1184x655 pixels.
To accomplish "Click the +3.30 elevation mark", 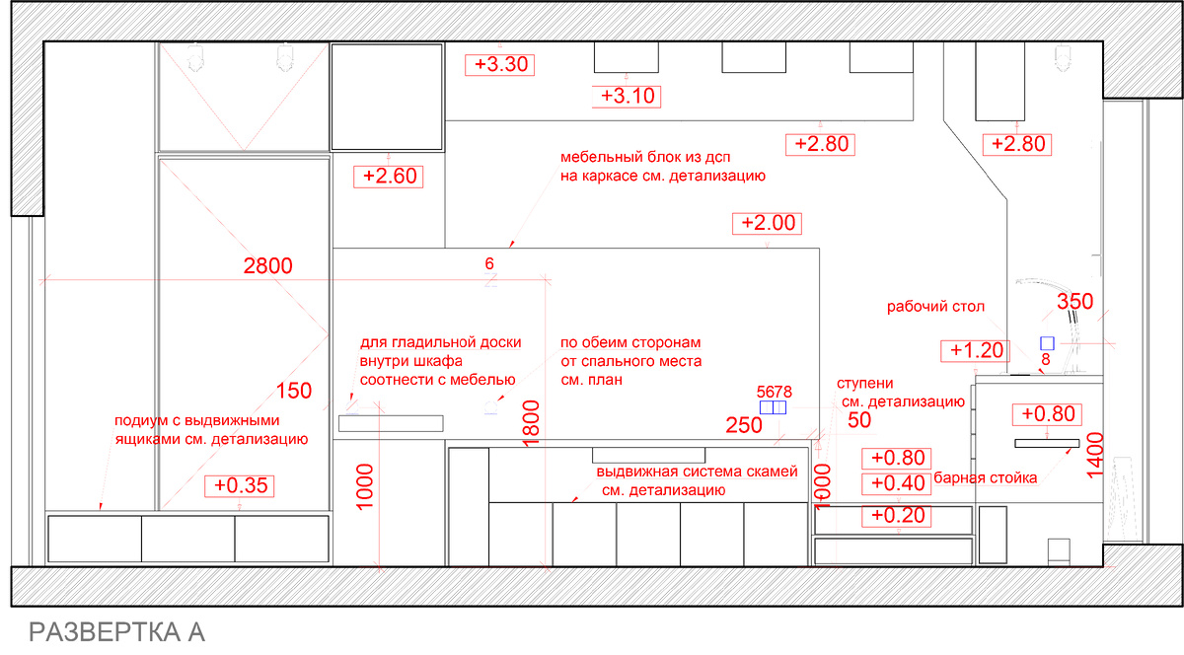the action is pyautogui.click(x=499, y=64).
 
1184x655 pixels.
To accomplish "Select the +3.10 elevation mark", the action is pyautogui.click(x=627, y=97).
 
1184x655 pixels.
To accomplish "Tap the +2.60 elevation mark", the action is pyautogui.click(x=389, y=177).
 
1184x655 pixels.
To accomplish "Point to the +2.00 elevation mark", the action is pyautogui.click(x=767, y=223).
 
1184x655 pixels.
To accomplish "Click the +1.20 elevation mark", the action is pyautogui.click(x=975, y=350).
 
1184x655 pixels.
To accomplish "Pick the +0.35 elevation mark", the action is pyautogui.click(x=240, y=486).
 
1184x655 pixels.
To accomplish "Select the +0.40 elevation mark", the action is pyautogui.click(x=897, y=483).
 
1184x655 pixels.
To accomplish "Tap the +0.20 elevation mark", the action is pyautogui.click(x=897, y=516).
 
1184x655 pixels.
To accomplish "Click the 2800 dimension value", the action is pyautogui.click(x=268, y=266).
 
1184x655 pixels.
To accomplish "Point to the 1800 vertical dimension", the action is pyautogui.click(x=531, y=423).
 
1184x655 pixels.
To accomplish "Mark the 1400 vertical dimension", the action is pyautogui.click(x=1095, y=455).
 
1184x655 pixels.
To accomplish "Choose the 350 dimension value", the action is pyautogui.click(x=1075, y=301).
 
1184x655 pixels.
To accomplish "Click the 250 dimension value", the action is pyautogui.click(x=744, y=425).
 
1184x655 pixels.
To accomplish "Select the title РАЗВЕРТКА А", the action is pyautogui.click(x=116, y=632).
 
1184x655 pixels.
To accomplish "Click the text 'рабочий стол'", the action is pyautogui.click(x=935, y=307).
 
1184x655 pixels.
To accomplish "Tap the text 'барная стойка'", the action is pyautogui.click(x=986, y=477).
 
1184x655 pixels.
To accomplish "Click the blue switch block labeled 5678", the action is pyautogui.click(x=773, y=407).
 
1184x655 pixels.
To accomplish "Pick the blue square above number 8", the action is pyautogui.click(x=1047, y=343).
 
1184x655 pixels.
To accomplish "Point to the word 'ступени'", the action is pyautogui.click(x=864, y=384).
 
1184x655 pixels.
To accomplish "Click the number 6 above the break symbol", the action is pyautogui.click(x=489, y=263).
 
